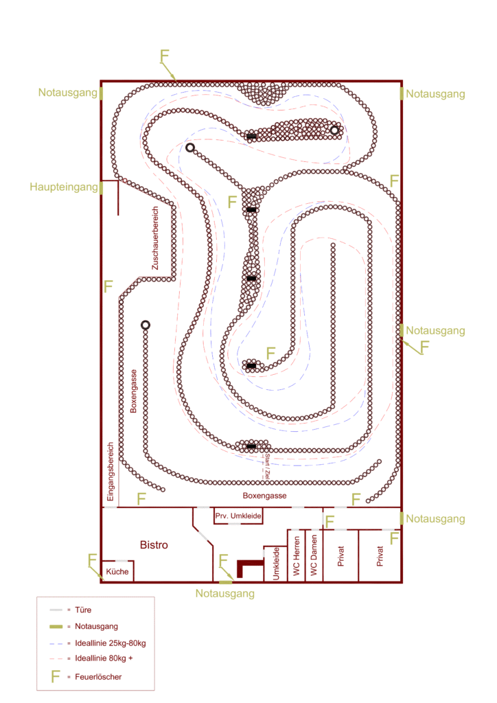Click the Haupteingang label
tap(63, 187)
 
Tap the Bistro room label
tap(154, 545)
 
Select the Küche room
tap(117, 571)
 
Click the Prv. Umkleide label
tap(238, 516)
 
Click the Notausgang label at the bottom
tap(224, 593)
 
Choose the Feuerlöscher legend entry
tap(103, 678)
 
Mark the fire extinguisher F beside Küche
tap(92, 561)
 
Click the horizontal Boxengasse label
tap(264, 496)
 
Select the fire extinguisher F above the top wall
tap(164, 56)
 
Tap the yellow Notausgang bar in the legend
tap(56, 627)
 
